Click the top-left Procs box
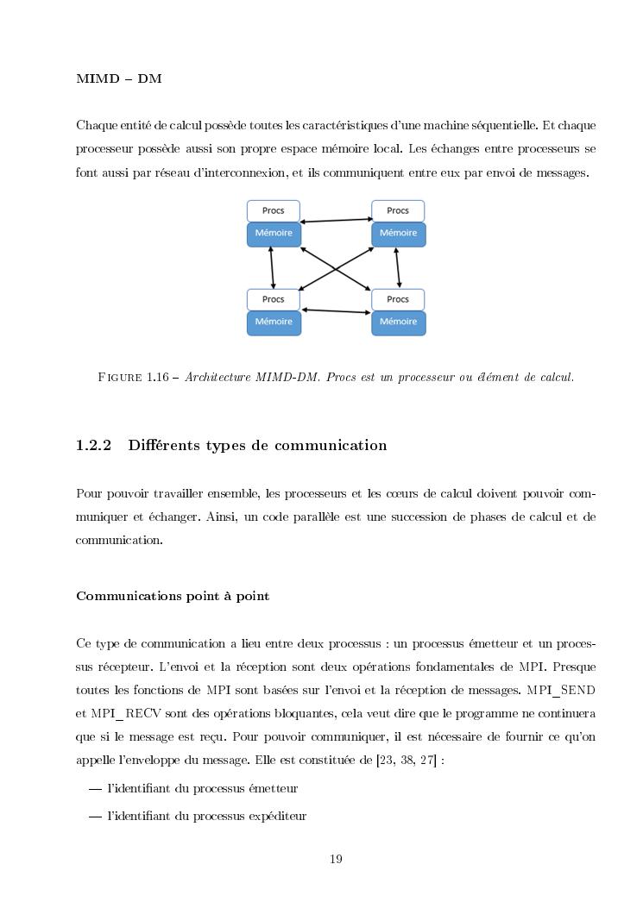tap(273, 210)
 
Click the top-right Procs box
tap(398, 210)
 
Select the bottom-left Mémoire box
tap(274, 322)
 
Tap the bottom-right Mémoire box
tap(398, 322)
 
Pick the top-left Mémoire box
tap(274, 233)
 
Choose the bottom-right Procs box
tap(398, 299)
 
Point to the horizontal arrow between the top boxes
tap(336, 221)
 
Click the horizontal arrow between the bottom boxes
tap(336, 310)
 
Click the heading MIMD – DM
tap(119, 79)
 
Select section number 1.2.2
tap(95, 446)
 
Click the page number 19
tap(337, 858)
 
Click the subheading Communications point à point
tap(173, 596)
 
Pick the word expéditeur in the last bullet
tap(279, 815)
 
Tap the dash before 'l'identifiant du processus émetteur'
tap(95, 788)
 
